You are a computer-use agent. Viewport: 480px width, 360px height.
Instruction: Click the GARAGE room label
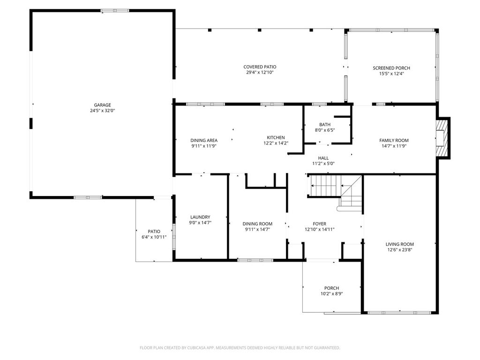[x=102, y=105]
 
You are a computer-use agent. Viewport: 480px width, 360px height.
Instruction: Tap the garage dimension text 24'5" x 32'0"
[x=102, y=111]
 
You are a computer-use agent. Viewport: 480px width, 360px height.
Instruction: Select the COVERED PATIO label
[x=260, y=67]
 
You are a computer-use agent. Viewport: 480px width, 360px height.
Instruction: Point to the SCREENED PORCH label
[x=391, y=68]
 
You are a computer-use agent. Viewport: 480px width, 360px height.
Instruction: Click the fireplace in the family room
[x=442, y=138]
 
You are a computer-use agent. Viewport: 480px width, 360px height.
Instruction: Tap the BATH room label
[x=325, y=125]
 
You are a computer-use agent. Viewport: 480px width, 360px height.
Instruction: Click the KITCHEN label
[x=276, y=137]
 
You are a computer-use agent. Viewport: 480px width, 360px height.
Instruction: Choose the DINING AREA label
[x=204, y=141]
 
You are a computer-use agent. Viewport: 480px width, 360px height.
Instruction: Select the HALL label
[x=323, y=158]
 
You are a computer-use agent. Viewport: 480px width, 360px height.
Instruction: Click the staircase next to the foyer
[x=336, y=191]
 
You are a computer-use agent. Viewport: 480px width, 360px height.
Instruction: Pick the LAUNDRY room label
[x=200, y=217]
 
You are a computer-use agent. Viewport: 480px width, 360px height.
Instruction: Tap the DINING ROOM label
[x=257, y=224]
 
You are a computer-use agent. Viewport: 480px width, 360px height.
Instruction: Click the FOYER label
[x=319, y=224]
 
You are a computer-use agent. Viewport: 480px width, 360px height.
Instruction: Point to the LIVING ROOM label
[x=399, y=244]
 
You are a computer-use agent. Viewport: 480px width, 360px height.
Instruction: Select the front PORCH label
[x=331, y=288]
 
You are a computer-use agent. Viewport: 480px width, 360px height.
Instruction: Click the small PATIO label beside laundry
[x=154, y=232]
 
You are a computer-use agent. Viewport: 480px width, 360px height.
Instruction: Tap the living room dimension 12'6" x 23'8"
[x=399, y=249]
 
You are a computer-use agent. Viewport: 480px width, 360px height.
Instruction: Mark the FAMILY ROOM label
[x=394, y=141]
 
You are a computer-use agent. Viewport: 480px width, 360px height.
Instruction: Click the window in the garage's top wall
[x=115, y=11]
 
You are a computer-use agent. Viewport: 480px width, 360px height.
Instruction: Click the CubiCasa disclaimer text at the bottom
[x=240, y=348]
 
